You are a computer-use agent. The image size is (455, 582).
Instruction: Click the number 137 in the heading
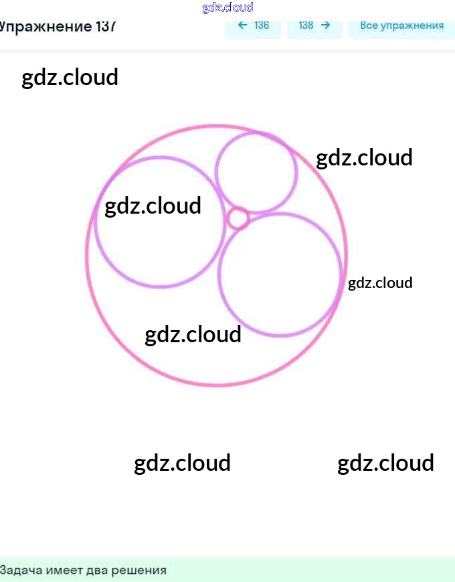point(106,27)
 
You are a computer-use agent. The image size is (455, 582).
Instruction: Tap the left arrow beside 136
point(242,25)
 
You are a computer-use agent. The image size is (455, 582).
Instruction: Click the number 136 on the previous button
point(262,25)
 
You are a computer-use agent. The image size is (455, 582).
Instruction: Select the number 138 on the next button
point(306,25)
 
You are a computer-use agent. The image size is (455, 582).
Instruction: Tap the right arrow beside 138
point(326,25)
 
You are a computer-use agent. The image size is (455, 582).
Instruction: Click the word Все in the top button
point(369,25)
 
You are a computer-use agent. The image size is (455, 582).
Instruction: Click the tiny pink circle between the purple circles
point(238,218)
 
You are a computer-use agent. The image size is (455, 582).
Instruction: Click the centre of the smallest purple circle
point(256,172)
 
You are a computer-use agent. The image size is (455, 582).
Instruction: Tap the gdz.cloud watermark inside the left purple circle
point(153,206)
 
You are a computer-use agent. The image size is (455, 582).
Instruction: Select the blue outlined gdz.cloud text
point(227,7)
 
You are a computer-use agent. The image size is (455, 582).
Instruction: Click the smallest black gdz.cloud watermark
point(380,283)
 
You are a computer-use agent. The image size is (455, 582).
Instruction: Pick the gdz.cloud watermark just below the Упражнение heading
point(70,77)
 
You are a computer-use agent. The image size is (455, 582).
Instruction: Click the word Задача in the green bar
point(19,571)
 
